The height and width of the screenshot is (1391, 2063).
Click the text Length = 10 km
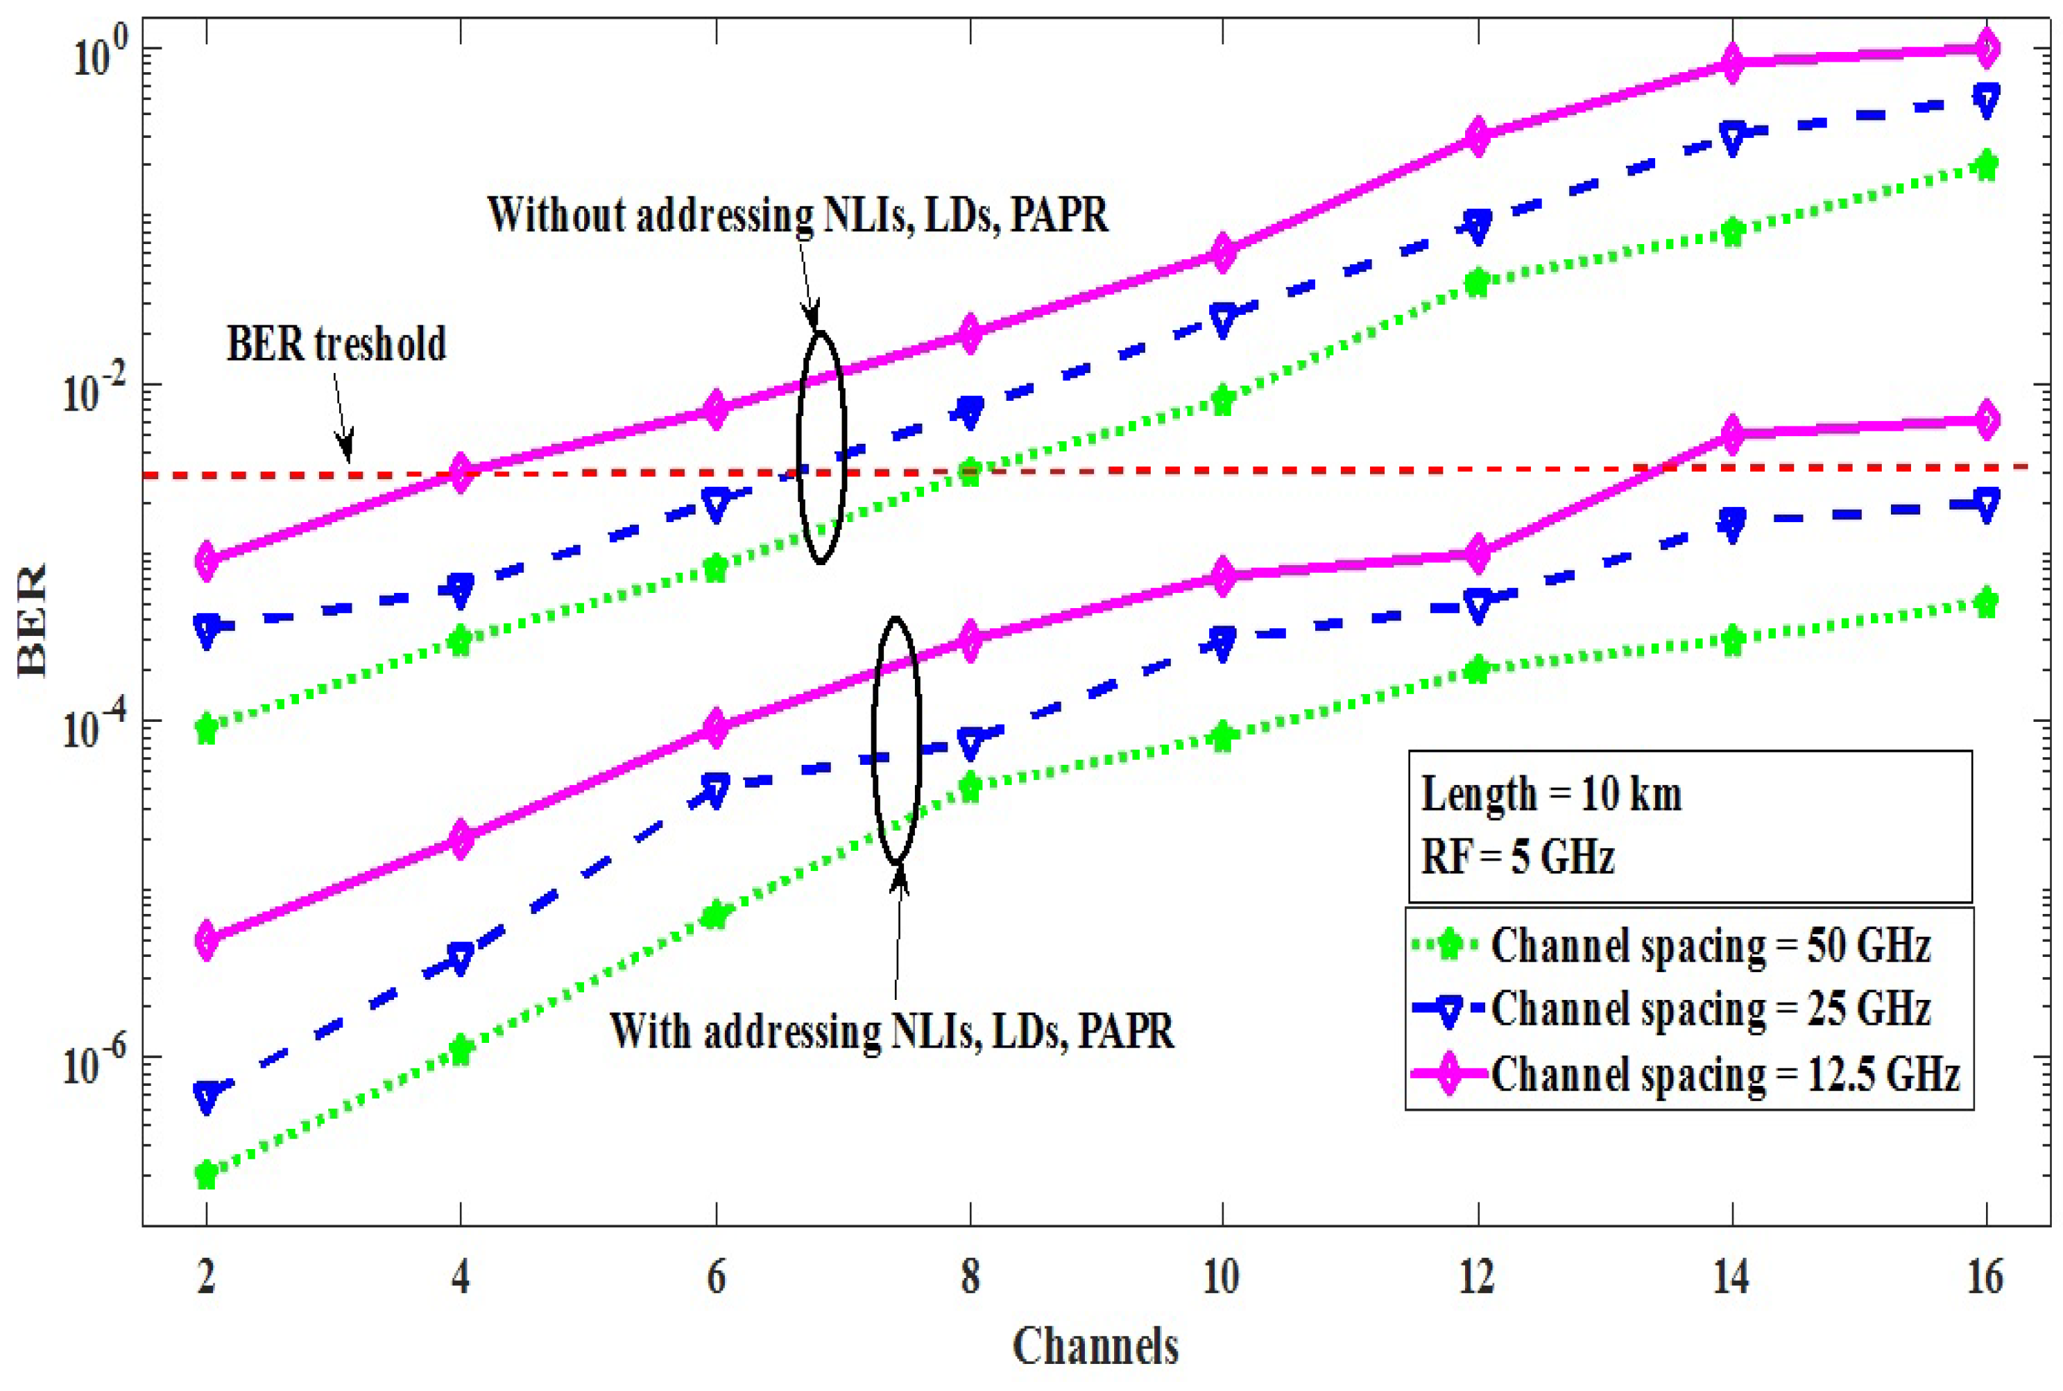coord(1551,794)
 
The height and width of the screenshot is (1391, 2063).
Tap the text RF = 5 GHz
coord(1517,857)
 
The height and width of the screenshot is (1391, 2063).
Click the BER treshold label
coord(336,344)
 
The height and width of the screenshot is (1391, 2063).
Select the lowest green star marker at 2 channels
coord(207,1175)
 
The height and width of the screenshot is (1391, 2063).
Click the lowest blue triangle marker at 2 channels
coord(207,1096)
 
